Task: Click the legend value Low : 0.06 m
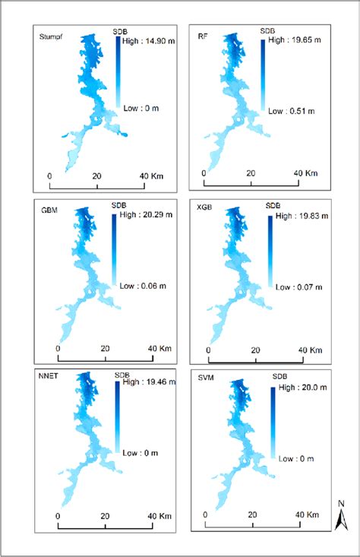pyautogui.click(x=147, y=286)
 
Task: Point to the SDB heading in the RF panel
pyautogui.click(x=267, y=31)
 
